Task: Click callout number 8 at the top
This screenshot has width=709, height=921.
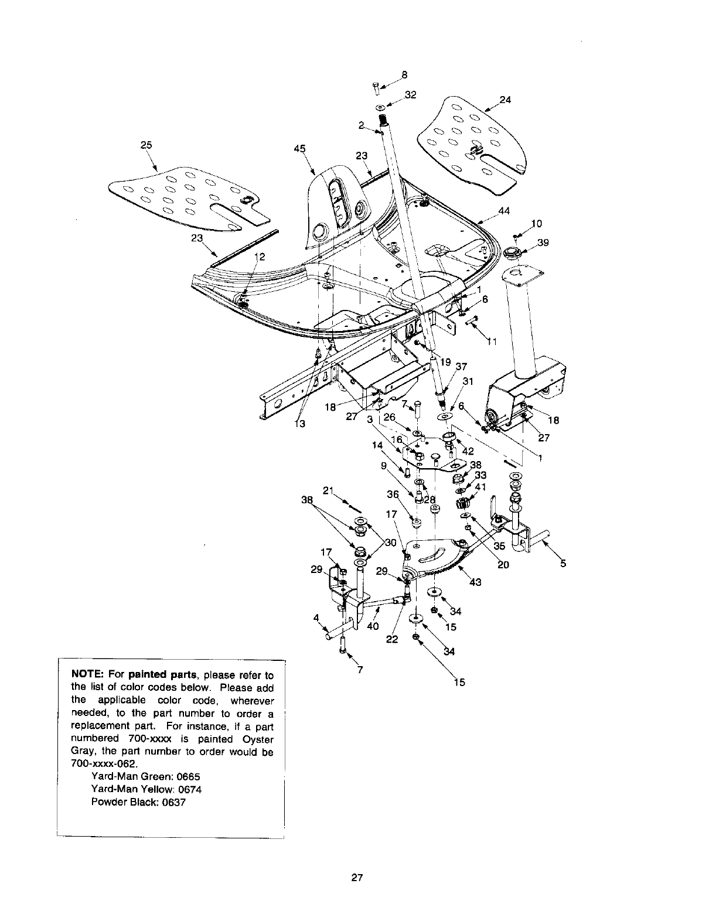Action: (404, 74)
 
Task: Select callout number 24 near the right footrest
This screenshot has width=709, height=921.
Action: (506, 100)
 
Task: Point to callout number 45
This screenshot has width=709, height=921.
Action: (299, 149)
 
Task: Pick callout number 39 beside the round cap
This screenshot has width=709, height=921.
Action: (543, 243)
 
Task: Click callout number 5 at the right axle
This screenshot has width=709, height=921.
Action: (563, 564)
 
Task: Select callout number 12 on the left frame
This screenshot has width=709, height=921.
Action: (260, 256)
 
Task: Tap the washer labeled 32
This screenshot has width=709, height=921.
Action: (381, 108)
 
